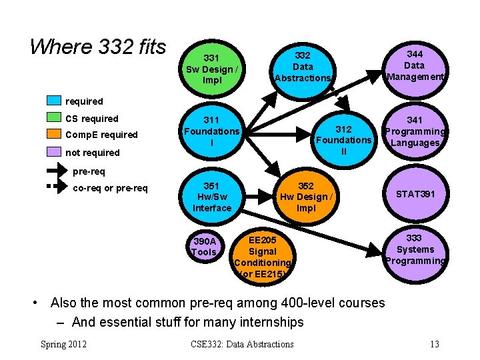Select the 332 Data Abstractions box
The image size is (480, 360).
303,67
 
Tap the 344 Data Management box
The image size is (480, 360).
414,65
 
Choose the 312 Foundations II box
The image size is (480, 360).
343,140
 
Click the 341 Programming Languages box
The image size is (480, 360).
415,131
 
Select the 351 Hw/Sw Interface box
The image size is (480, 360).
211,196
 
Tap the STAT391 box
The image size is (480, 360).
415,195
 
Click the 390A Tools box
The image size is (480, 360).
204,246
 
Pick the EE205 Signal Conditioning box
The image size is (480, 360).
262,256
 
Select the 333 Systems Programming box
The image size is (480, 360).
414,249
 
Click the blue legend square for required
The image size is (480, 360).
54,101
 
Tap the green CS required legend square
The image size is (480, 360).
54,119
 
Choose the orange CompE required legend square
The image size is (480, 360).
54,135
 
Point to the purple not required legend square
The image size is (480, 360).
54,152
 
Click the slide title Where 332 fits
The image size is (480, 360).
98,47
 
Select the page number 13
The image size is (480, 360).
434,344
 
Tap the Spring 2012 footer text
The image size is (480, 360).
64,344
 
